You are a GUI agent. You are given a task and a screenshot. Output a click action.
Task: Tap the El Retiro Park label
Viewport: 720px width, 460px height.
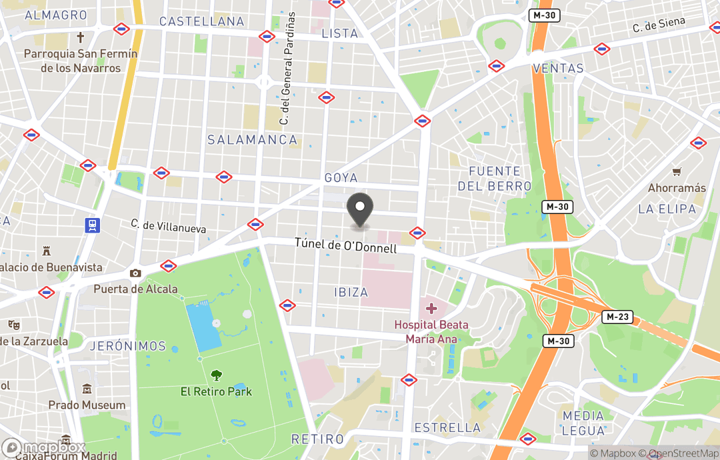tap(216, 391)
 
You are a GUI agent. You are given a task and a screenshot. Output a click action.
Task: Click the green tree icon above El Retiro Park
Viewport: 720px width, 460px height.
tap(216, 375)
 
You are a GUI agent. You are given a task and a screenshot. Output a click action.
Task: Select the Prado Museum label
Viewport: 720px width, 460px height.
tap(87, 405)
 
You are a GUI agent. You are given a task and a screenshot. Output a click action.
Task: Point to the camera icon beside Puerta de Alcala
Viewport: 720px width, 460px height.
tap(135, 273)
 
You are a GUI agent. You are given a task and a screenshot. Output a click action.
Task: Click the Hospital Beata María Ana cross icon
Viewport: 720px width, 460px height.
tap(431, 309)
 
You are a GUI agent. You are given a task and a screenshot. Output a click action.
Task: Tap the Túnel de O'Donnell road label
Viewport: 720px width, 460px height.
tap(345, 245)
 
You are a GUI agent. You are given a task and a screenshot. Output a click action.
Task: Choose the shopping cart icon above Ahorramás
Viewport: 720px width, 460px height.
tap(677, 172)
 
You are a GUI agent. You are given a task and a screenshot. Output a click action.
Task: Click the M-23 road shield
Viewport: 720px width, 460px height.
tap(617, 317)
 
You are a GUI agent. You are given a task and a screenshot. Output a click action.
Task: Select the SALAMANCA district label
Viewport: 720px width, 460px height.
tap(252, 139)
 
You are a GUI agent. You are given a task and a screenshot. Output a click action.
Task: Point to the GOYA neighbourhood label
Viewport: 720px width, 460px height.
tap(341, 178)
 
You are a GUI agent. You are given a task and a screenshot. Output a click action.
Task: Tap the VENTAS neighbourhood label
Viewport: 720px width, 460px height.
tap(558, 68)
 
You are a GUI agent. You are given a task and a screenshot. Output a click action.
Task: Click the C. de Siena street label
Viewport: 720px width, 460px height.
tap(659, 25)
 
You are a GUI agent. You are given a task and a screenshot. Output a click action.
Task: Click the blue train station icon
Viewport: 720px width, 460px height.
tap(92, 225)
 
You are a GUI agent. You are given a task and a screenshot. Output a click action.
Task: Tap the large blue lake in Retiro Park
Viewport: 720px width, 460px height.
tap(203, 326)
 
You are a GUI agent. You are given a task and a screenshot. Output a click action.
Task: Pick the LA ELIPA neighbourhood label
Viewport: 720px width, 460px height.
tap(667, 209)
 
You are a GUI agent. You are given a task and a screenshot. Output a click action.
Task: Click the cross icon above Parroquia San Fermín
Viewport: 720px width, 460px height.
tap(81, 37)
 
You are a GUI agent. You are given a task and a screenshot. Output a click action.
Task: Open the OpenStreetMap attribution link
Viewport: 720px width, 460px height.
tap(678, 454)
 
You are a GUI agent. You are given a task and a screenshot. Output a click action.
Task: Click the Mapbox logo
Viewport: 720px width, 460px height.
tap(44, 448)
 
